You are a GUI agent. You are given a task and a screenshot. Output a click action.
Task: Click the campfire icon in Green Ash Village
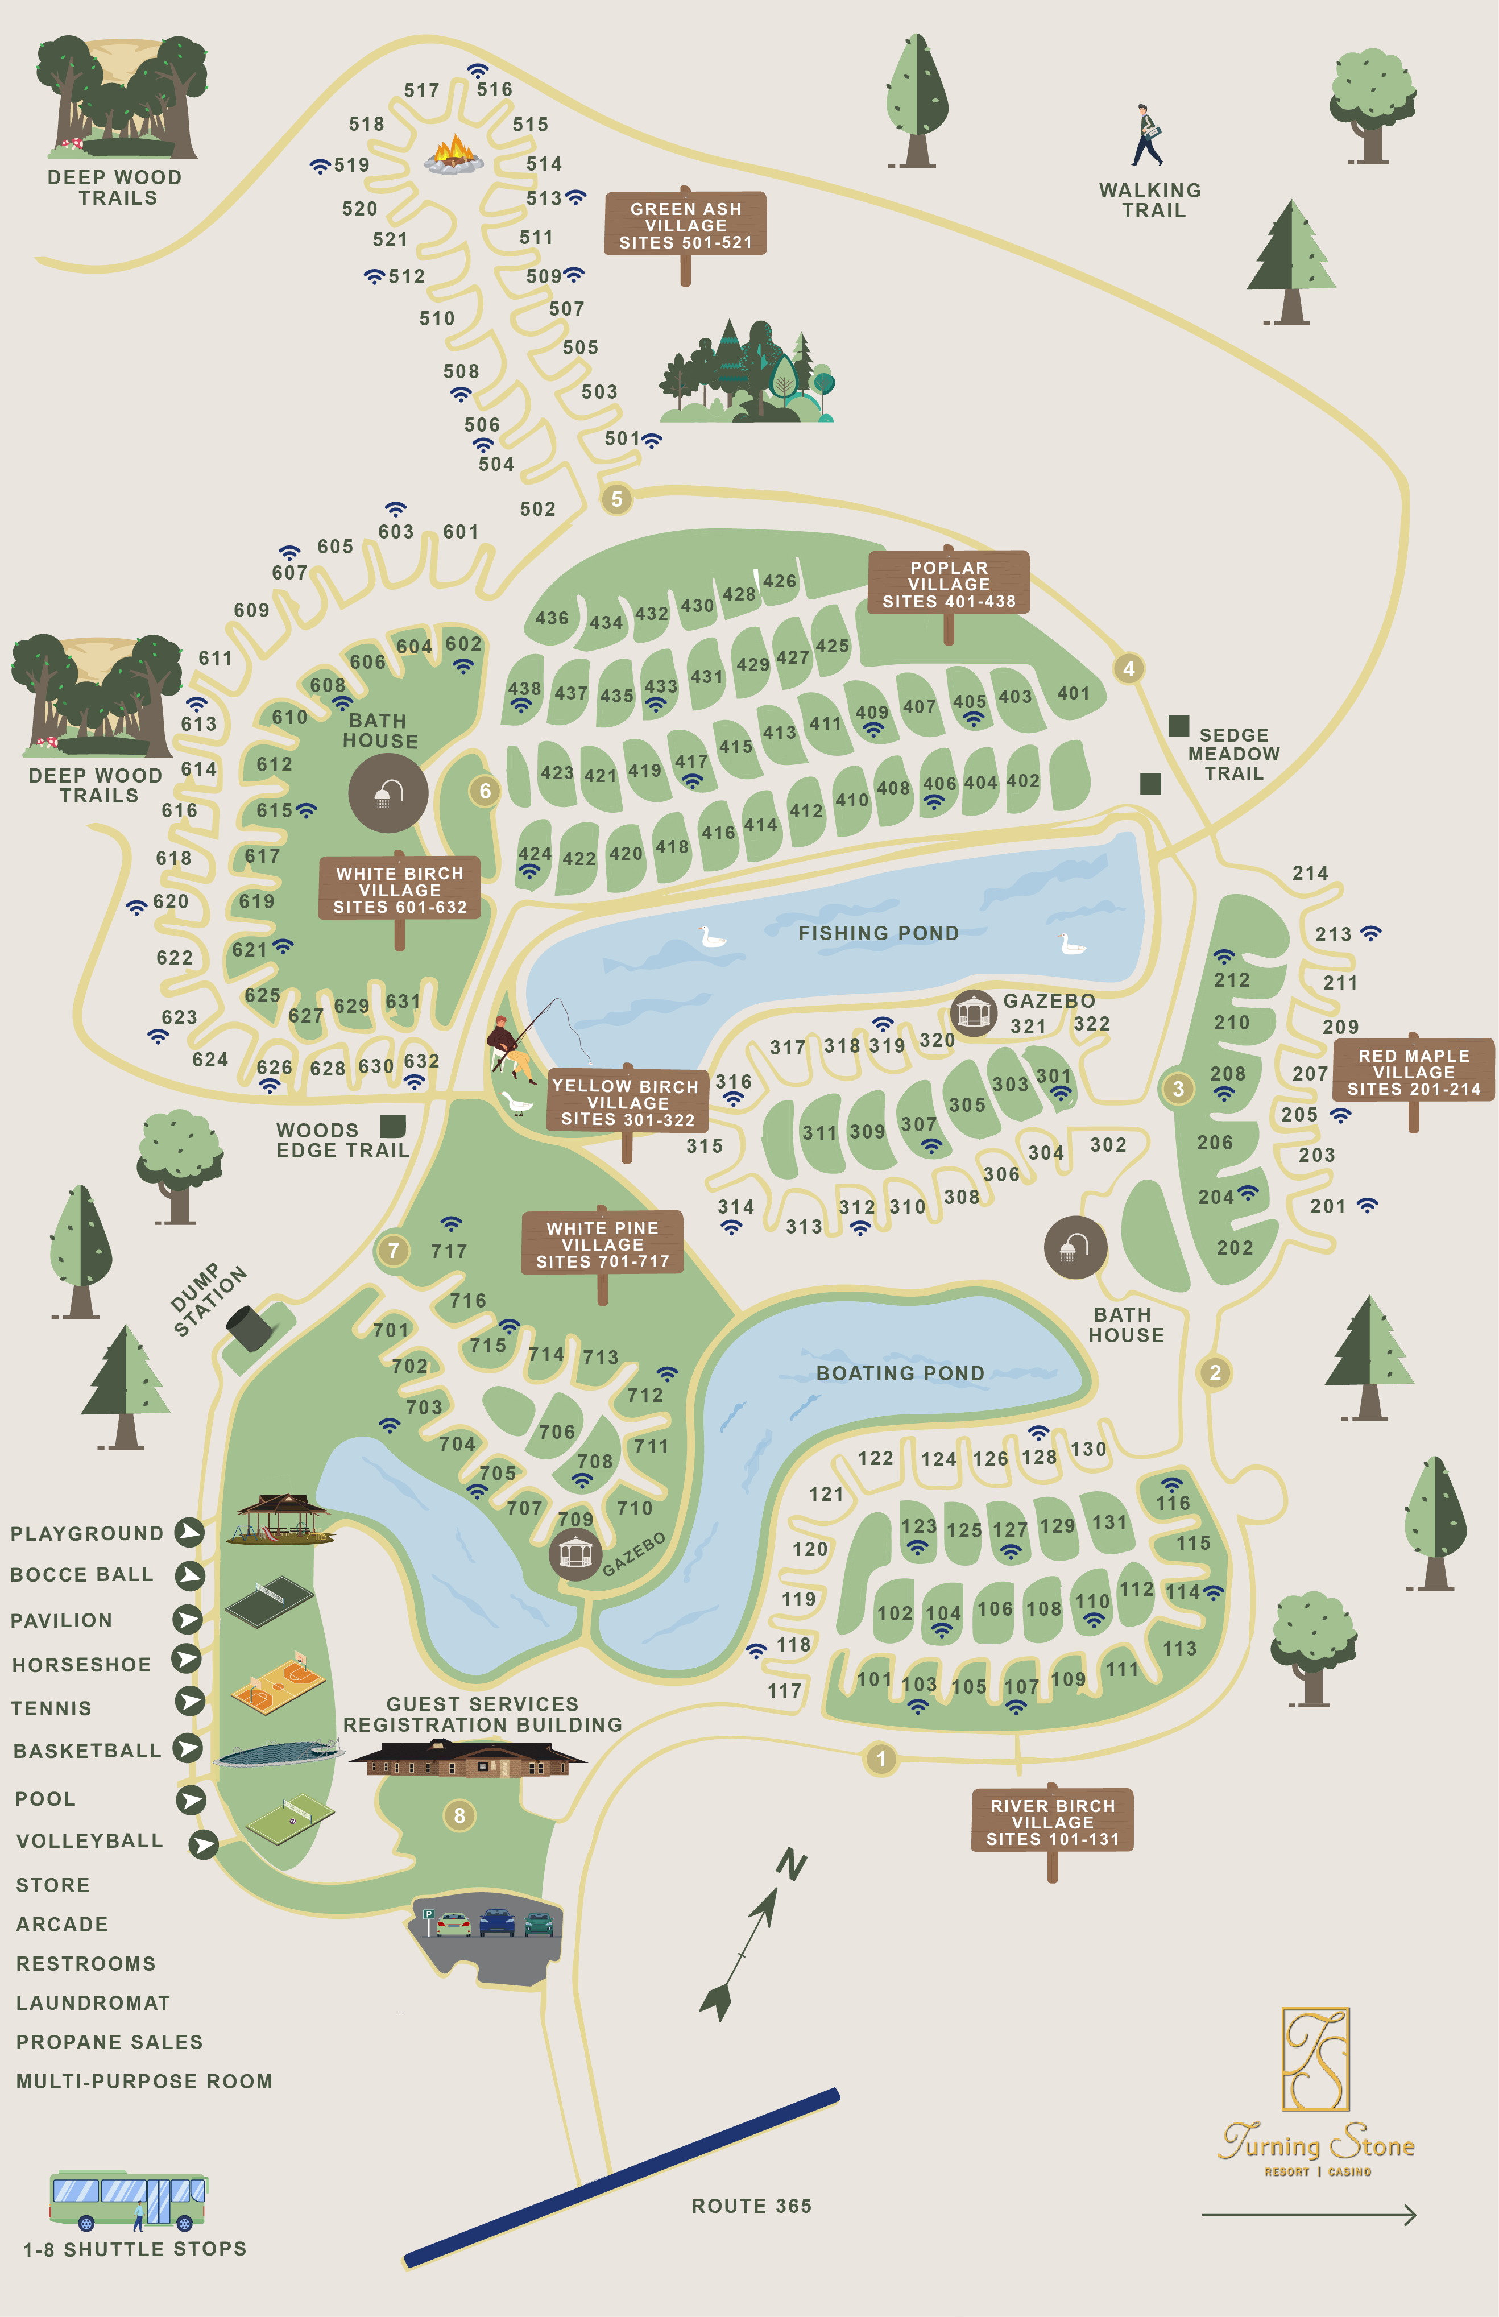(x=454, y=154)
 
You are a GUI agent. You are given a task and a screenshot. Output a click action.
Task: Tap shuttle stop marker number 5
(x=616, y=499)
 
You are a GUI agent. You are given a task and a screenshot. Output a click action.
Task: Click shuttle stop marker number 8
(x=459, y=1815)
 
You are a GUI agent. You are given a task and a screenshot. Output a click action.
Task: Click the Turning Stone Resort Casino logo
(x=1316, y=2093)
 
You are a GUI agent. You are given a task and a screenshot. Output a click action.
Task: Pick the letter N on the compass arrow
(x=792, y=1864)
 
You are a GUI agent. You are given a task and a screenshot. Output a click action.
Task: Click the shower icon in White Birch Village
(x=388, y=793)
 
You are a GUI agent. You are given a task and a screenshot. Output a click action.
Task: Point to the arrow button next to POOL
(x=191, y=1799)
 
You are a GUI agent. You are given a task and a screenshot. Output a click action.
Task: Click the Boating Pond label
(x=900, y=1373)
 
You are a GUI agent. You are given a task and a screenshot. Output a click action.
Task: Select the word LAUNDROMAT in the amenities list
(x=93, y=2002)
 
